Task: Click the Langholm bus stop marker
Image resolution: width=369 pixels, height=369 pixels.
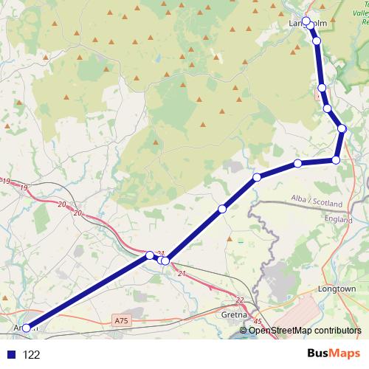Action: tap(306, 21)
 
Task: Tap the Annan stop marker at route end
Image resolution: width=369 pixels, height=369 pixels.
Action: tap(26, 328)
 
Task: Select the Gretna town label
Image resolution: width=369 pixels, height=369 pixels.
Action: tap(224, 313)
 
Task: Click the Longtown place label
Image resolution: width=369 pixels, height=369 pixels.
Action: tap(337, 289)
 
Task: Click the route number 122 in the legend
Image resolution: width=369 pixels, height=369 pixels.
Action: tap(32, 354)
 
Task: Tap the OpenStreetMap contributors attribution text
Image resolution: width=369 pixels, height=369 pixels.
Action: tap(306, 330)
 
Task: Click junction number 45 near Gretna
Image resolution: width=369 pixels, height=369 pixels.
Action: tap(257, 321)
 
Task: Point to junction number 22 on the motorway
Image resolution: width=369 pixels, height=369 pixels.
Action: tap(240, 299)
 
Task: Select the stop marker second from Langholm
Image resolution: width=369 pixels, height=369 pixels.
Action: tap(317, 41)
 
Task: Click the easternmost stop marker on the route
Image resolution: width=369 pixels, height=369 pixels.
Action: tap(342, 129)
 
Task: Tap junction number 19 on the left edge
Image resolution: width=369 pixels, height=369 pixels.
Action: tap(6, 182)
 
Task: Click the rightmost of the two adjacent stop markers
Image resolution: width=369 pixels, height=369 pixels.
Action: tap(165, 261)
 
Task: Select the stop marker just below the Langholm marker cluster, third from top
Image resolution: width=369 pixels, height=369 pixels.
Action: tap(322, 88)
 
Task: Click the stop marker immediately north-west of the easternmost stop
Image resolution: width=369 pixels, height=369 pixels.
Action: tap(327, 108)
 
